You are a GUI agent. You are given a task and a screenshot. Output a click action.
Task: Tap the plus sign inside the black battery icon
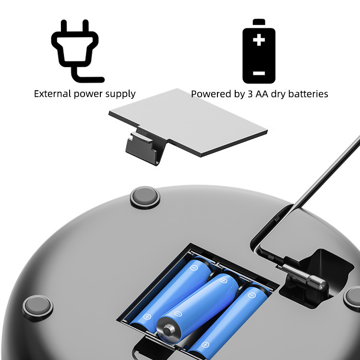(x=259, y=40)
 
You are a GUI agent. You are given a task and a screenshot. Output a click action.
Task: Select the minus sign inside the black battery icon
(x=259, y=73)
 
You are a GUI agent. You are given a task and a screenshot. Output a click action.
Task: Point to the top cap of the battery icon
(x=259, y=22)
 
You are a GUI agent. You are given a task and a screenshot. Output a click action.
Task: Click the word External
(x=53, y=94)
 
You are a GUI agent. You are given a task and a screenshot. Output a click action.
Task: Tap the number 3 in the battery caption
(x=250, y=94)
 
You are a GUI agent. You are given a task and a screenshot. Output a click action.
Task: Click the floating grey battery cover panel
(x=188, y=123)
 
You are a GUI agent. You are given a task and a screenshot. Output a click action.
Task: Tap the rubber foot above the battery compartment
(x=145, y=197)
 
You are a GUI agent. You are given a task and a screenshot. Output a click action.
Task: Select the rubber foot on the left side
(x=38, y=307)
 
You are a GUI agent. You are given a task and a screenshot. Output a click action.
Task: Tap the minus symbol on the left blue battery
(x=194, y=268)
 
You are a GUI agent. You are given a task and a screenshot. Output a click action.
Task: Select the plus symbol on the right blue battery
(x=205, y=345)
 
